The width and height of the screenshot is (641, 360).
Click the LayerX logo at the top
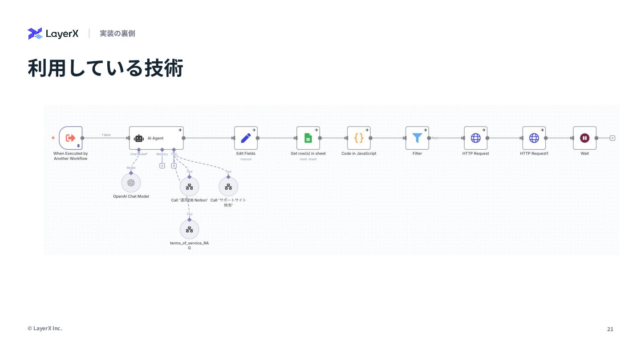53,33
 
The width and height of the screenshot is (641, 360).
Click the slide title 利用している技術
105,68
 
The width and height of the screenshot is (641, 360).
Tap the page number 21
610,329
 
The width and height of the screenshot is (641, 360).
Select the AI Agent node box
156,138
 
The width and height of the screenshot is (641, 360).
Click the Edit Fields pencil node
246,138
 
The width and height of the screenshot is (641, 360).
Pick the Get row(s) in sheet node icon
308,138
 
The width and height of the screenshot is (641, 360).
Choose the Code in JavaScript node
359,138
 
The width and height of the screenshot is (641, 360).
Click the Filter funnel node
417,138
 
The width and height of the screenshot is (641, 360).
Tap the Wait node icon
584,138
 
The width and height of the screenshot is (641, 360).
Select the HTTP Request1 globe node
534,138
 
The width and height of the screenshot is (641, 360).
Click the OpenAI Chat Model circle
131,183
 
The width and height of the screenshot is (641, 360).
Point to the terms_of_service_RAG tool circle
189,229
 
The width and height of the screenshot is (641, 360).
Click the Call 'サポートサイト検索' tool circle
228,187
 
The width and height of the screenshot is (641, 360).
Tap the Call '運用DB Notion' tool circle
189,187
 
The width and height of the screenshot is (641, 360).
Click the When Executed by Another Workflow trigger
71,138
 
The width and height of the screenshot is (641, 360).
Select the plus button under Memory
162,166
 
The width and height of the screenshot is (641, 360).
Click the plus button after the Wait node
613,138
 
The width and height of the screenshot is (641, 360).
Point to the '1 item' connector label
106,135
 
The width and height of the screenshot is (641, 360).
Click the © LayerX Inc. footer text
45,328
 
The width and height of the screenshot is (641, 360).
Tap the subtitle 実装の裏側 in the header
118,33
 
